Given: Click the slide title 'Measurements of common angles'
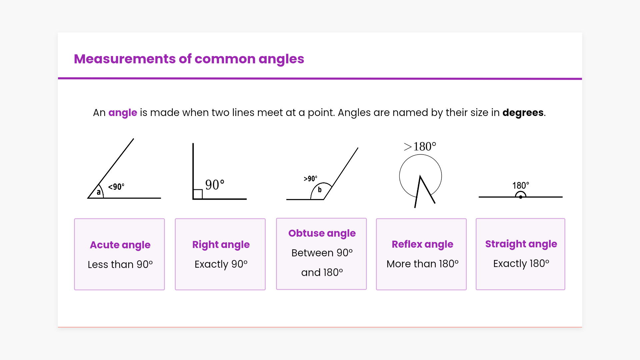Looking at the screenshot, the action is click(x=189, y=59).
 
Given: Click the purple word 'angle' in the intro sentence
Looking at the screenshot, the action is click(x=123, y=113).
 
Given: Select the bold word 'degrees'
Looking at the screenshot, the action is click(x=523, y=113).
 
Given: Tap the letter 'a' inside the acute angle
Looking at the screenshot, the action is click(x=99, y=192).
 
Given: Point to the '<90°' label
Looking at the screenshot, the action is click(x=116, y=187).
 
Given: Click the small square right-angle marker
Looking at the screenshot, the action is click(x=198, y=194).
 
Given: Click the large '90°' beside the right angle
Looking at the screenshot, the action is click(x=215, y=185).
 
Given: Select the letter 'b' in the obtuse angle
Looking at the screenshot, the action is click(x=320, y=190).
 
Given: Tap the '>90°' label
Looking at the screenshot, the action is click(x=310, y=179).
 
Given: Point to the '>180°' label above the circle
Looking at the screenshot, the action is click(x=420, y=146).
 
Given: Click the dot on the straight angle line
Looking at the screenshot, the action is click(x=521, y=197).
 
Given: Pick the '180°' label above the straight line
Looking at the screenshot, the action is click(x=521, y=185).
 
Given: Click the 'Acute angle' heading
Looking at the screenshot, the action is click(x=120, y=245).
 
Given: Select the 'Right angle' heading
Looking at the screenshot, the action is click(x=221, y=245).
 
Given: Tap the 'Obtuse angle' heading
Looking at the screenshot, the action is click(x=322, y=233).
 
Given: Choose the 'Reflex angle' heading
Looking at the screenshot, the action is click(x=422, y=244).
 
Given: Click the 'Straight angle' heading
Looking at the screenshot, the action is click(x=521, y=244).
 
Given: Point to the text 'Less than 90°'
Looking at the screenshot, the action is click(x=120, y=264).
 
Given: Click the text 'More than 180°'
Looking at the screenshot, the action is click(x=423, y=264).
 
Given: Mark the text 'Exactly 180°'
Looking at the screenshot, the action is click(x=521, y=263).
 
